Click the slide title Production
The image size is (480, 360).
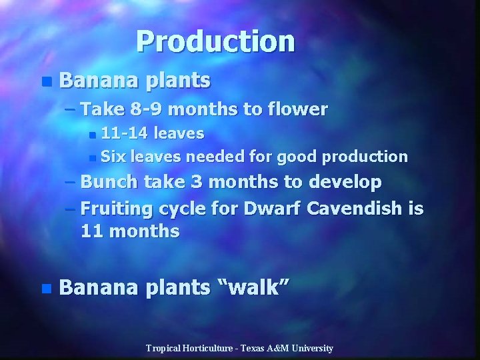pos(215,41)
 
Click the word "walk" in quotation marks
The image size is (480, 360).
pos(254,289)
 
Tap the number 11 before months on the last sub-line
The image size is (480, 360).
pos(91,232)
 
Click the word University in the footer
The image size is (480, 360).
pos(311,348)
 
